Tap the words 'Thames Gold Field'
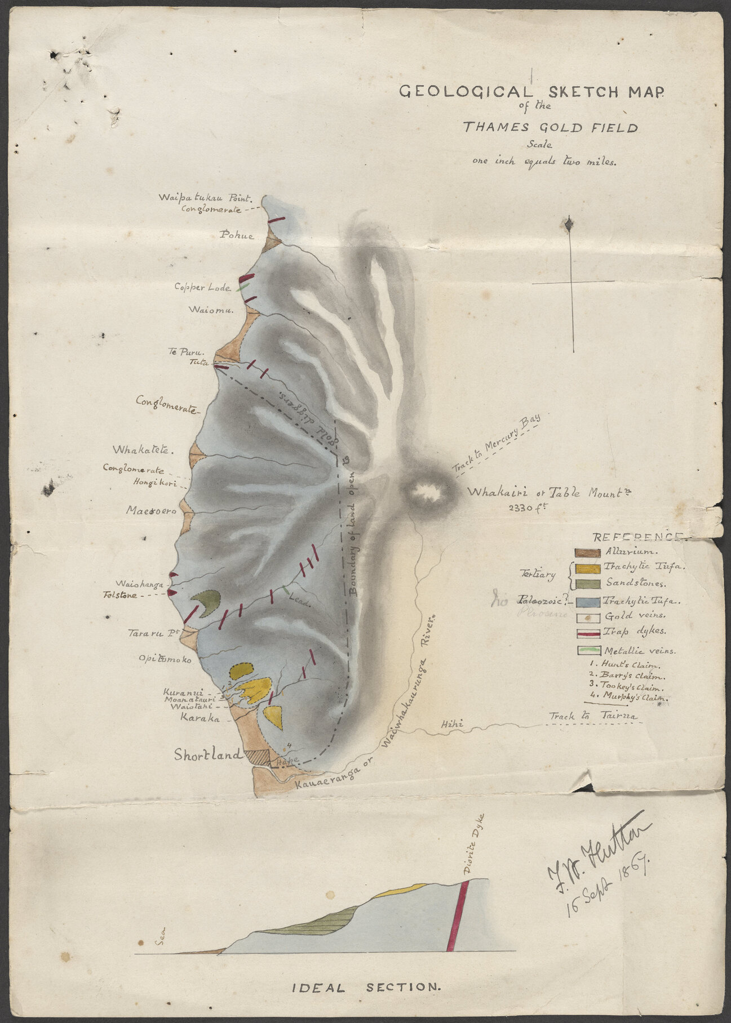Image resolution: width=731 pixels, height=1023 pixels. click(x=550, y=127)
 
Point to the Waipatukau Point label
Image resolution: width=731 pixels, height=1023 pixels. click(x=208, y=198)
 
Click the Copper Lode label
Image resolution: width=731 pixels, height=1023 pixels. click(x=202, y=287)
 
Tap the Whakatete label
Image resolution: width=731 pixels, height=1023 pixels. click(x=142, y=450)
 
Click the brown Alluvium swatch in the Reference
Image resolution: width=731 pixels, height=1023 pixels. click(x=587, y=552)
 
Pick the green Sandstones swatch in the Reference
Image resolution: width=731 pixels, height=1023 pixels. click(x=587, y=584)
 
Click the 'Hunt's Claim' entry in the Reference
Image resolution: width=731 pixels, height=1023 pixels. click(x=622, y=664)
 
